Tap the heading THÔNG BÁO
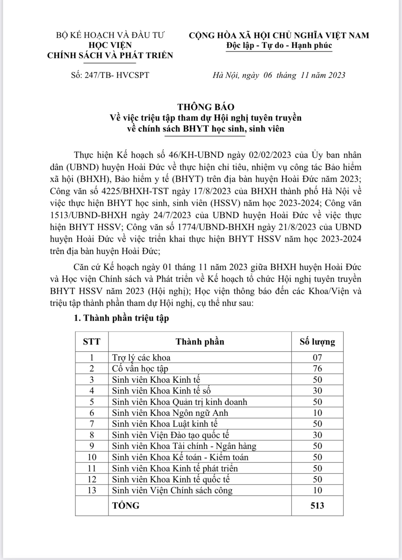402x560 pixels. tap(206, 107)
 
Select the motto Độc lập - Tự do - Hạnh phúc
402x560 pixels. tap(279, 46)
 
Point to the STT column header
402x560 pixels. tap(92, 342)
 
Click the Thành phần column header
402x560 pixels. tap(200, 342)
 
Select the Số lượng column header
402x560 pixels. tap(317, 342)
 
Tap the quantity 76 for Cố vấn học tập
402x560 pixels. tap(317, 369)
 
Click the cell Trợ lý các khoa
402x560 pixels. tap(141, 358)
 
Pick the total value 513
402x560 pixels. tap(317, 505)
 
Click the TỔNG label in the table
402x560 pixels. tap(126, 505)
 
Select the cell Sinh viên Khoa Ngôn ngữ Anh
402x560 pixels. tap(170, 413)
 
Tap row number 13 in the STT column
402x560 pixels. tap(92, 490)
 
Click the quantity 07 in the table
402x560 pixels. tap(317, 358)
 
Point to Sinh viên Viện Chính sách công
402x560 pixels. tap(172, 490)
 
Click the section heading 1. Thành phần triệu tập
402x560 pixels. tap(121, 318)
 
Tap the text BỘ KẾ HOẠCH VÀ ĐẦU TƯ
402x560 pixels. tap(110, 35)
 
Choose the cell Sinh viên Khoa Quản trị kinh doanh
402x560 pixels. tap(179, 402)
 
